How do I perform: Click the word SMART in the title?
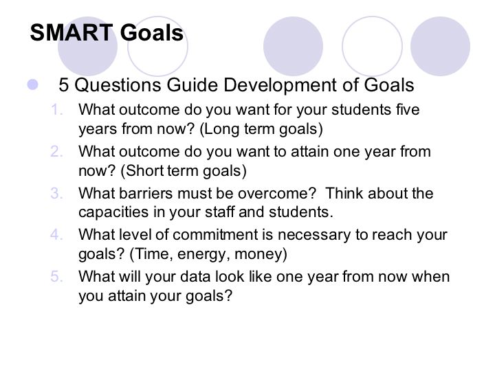pyautogui.click(x=71, y=32)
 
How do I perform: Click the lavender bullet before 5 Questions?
pyautogui.click(x=32, y=85)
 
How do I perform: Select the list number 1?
pyautogui.click(x=56, y=110)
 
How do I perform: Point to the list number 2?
pyautogui.click(x=56, y=152)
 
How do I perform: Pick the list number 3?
pyautogui.click(x=56, y=193)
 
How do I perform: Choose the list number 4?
pyautogui.click(x=56, y=235)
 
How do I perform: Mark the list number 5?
pyautogui.click(x=56, y=277)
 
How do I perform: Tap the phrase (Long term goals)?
pyautogui.click(x=261, y=129)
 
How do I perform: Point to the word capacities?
pyautogui.click(x=113, y=212)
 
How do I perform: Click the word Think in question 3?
pyautogui.click(x=344, y=193)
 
